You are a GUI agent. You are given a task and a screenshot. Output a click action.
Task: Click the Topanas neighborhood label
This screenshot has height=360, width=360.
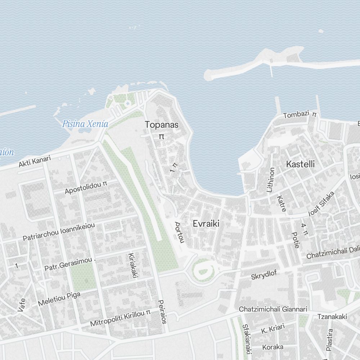click(162, 125)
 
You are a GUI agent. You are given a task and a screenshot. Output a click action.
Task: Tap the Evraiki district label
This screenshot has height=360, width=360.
click(206, 224)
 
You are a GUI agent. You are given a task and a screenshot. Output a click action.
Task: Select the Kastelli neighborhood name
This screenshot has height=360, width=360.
click(300, 164)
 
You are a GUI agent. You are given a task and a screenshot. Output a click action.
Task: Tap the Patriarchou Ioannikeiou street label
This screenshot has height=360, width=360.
click(59, 232)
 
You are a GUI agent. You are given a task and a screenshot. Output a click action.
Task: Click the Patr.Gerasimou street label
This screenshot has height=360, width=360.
click(68, 265)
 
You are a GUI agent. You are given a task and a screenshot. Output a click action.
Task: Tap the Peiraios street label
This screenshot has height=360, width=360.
click(162, 312)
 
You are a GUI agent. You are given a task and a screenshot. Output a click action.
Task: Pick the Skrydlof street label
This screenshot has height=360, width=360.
click(264, 275)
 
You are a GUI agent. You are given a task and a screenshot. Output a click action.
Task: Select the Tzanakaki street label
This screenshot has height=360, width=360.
click(332, 317)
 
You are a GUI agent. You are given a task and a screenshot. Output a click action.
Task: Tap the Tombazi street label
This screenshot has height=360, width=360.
click(296, 115)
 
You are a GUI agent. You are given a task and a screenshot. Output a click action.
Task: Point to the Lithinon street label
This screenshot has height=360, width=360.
click(270, 180)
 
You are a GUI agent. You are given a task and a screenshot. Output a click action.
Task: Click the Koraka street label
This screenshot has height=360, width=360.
click(273, 347)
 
